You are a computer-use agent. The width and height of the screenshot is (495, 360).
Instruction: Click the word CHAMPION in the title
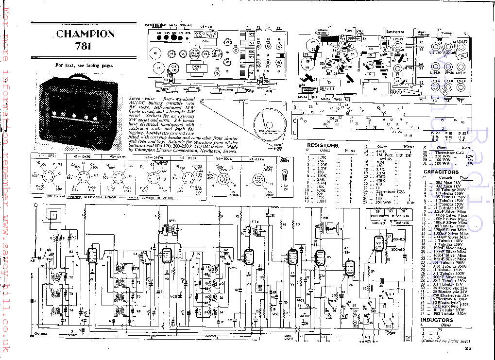coord(85,34)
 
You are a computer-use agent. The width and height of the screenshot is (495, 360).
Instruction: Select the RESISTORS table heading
coord(323,145)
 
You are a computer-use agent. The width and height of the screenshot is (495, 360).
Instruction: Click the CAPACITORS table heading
coord(441,172)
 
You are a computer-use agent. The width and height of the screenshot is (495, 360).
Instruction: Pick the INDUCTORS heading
coord(437,320)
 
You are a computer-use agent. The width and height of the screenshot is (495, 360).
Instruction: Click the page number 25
coord(467,348)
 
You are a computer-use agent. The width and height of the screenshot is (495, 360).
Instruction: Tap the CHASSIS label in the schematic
coord(41,334)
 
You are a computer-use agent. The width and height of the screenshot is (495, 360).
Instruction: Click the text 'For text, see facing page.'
coord(84,65)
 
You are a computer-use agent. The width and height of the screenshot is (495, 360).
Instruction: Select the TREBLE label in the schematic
coord(305,315)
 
